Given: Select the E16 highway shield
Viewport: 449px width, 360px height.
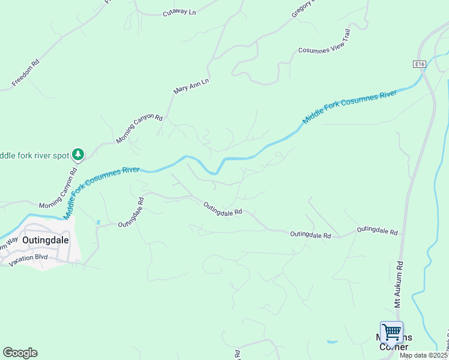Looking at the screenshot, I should click(x=419, y=64).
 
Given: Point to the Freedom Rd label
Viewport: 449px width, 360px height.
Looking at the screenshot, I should click(x=25, y=71).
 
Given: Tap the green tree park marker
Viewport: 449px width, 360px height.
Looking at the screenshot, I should click(x=77, y=155).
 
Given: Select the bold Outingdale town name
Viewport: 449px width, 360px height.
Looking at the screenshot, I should click(x=45, y=239).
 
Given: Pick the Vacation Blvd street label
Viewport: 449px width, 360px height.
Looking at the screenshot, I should click(x=28, y=256).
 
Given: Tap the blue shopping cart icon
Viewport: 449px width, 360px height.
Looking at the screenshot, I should click(x=391, y=331).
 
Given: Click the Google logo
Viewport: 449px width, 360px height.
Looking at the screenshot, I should click(x=20, y=353).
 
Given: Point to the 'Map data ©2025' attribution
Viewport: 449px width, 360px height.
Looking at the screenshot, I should click(x=424, y=355).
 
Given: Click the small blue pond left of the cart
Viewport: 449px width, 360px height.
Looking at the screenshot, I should click(x=332, y=342).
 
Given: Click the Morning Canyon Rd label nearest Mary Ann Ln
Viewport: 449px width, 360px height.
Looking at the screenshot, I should click(x=139, y=128).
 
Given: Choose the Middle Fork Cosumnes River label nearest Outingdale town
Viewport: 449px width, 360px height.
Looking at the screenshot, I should click(x=101, y=190).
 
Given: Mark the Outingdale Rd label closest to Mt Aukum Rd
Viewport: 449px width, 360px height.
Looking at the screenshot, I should click(x=378, y=230).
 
